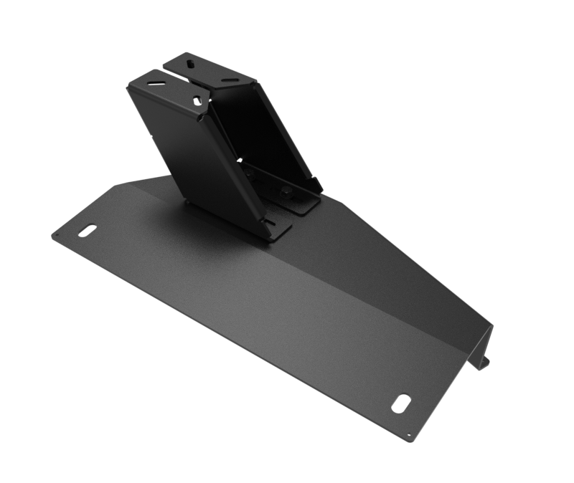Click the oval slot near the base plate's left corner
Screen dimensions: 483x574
(x=87, y=231)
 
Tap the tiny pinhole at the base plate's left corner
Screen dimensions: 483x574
(x=55, y=235)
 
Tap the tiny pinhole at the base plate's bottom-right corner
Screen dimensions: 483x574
(x=410, y=434)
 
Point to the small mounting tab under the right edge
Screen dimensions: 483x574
(x=484, y=362)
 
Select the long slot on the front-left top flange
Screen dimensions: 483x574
(x=156, y=83)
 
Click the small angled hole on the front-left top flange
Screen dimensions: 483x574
(x=196, y=101)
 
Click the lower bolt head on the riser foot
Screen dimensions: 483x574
(x=285, y=191)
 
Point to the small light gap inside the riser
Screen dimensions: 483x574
(x=240, y=161)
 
